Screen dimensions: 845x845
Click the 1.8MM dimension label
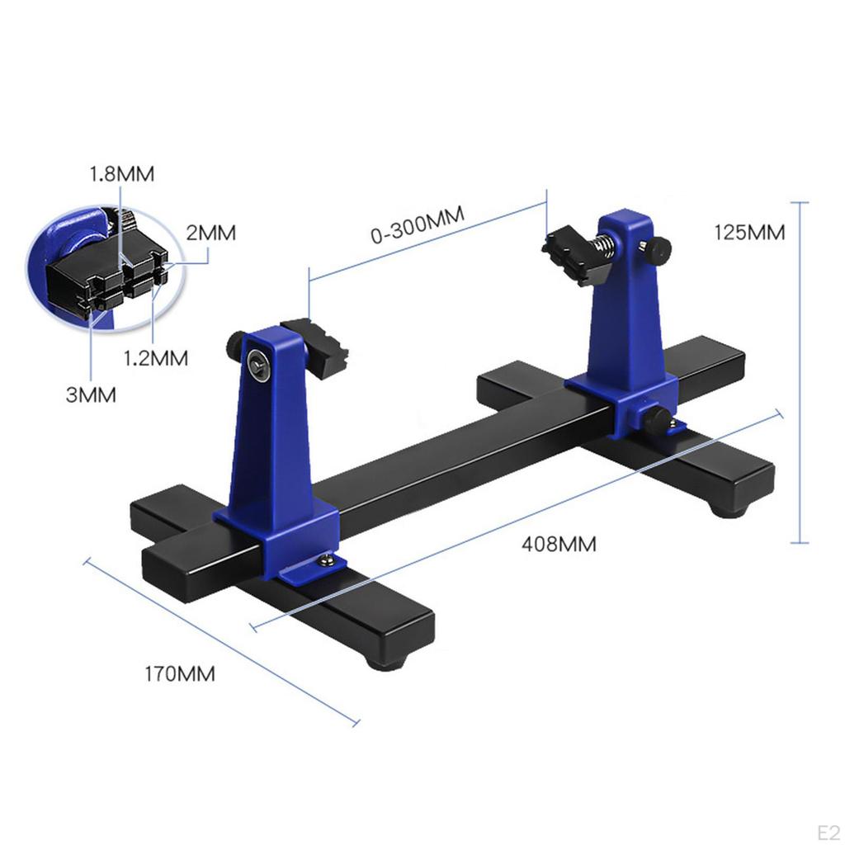click(x=122, y=174)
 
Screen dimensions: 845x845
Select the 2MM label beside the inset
click(x=210, y=233)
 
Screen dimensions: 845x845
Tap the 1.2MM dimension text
click(x=156, y=358)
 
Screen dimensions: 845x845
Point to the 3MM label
click(x=91, y=394)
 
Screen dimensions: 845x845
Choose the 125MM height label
click(x=749, y=232)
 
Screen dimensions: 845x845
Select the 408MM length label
click(x=559, y=544)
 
